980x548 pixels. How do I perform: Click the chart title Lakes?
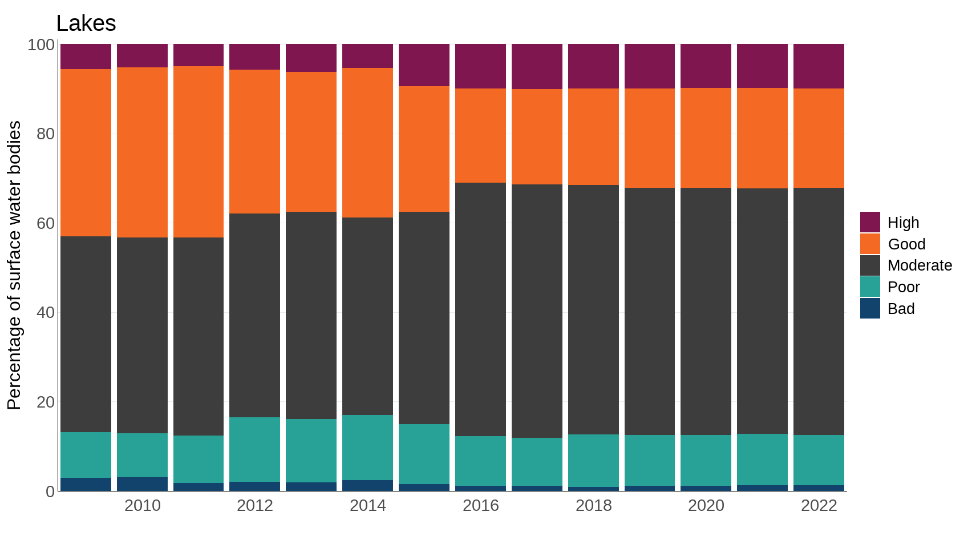click(x=86, y=23)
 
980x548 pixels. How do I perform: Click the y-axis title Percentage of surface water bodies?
click(x=14, y=265)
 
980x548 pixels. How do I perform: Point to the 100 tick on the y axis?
click(x=41, y=45)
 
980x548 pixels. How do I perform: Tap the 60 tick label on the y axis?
click(x=45, y=223)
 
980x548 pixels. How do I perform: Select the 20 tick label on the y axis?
click(x=45, y=402)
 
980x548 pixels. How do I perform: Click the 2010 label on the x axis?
click(x=142, y=506)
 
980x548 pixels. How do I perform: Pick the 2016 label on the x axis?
click(x=480, y=506)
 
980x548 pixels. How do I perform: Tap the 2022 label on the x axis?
click(x=819, y=506)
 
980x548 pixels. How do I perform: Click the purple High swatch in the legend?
click(x=870, y=222)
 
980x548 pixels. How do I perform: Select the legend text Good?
click(x=906, y=244)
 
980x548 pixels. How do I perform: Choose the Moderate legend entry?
click(x=919, y=265)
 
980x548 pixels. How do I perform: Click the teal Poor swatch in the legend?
click(x=870, y=287)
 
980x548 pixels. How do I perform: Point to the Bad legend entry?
click(x=901, y=309)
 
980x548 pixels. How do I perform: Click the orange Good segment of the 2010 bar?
click(x=142, y=152)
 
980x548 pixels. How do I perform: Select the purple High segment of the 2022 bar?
click(x=819, y=66)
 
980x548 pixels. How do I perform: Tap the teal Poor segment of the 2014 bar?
click(x=367, y=448)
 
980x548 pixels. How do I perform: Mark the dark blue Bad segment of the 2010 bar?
click(x=142, y=484)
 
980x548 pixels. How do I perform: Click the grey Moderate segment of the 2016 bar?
click(x=480, y=309)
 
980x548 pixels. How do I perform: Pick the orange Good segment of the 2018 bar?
click(x=593, y=136)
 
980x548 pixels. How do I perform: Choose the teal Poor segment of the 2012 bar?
click(x=254, y=449)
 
